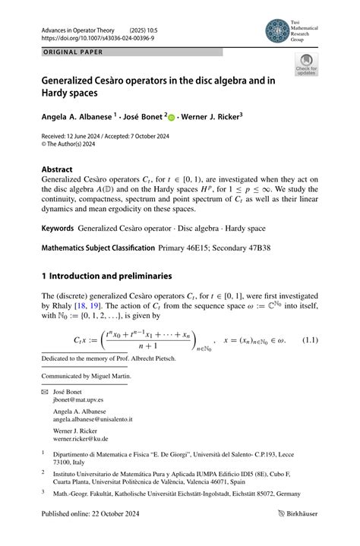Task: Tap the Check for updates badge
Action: click(x=307, y=65)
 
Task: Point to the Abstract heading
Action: click(x=57, y=169)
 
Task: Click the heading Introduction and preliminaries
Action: click(x=114, y=276)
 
